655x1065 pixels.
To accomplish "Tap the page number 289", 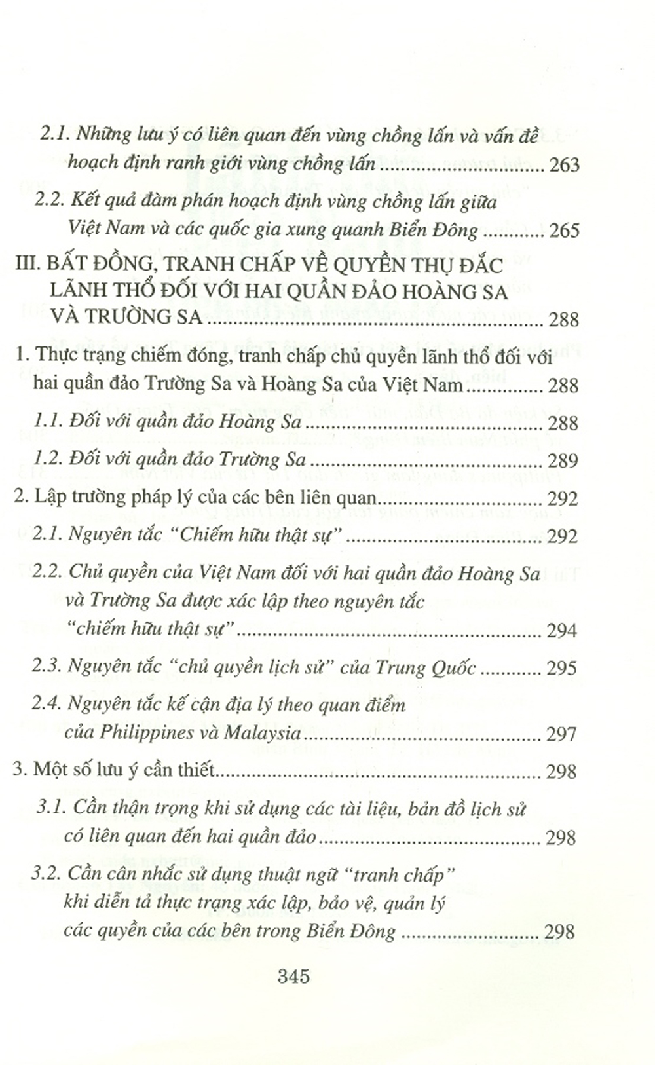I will pos(563,460).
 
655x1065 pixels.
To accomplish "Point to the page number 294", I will pos(563,631).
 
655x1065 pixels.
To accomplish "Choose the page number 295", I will pos(563,668).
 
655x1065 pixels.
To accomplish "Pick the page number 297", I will pos(563,734).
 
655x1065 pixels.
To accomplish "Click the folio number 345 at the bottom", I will pos(293,977).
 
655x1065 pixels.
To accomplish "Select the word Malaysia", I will pos(262,732).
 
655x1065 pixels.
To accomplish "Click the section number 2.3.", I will pos(46,668).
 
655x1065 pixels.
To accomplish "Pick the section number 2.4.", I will pos(46,705).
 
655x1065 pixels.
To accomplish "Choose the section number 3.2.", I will pos(49,875).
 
